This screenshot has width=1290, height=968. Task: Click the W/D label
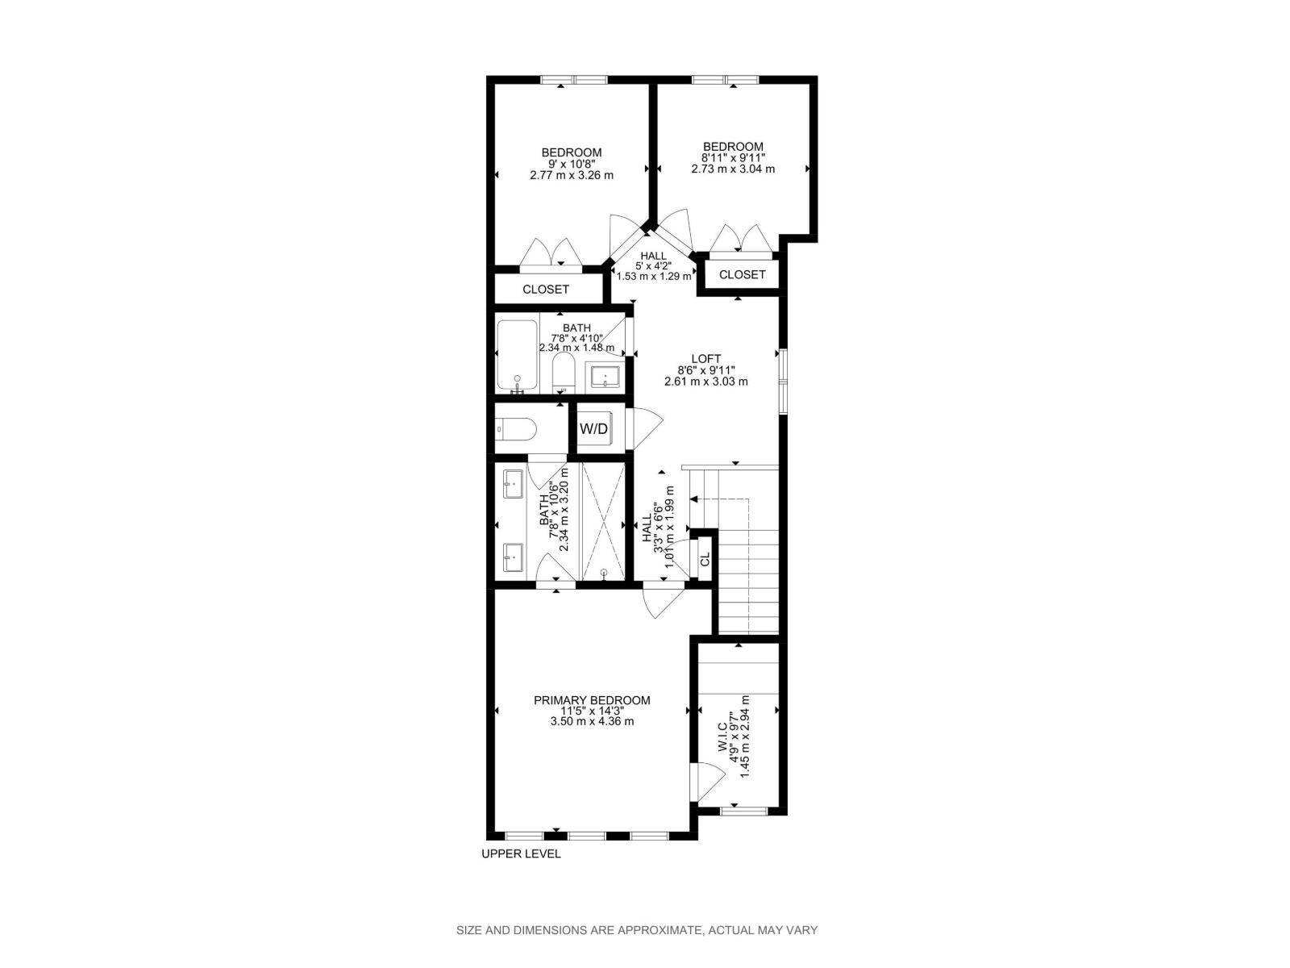tap(593, 429)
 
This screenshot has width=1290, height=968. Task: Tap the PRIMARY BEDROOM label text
tap(592, 700)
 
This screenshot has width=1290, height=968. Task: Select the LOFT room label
tap(705, 359)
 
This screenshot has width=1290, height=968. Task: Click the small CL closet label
tap(705, 558)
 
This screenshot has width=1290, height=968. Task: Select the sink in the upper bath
tap(605, 376)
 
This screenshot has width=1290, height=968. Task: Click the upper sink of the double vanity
tap(514, 485)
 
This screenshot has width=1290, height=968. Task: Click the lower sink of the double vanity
tap(514, 557)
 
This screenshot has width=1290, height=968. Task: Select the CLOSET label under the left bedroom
tap(546, 289)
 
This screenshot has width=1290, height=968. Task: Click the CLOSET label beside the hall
tap(742, 274)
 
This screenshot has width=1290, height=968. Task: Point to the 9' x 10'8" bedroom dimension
tap(571, 164)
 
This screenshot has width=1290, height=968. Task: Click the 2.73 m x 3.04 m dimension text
tap(733, 169)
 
